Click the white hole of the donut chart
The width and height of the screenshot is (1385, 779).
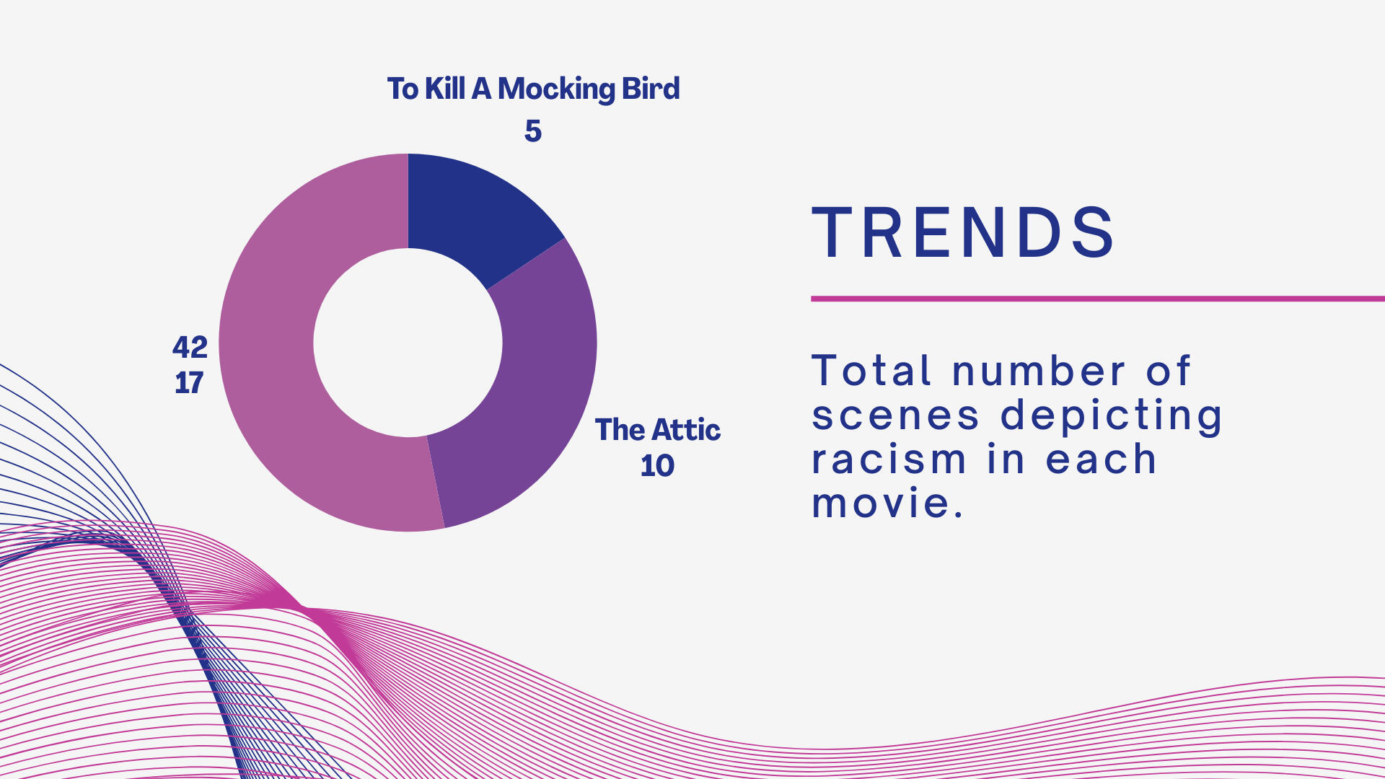point(408,343)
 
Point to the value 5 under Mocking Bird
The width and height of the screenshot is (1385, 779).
point(533,131)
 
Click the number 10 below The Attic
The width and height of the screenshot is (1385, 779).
point(657,466)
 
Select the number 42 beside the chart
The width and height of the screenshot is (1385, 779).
point(190,348)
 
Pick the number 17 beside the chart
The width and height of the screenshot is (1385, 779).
point(189,383)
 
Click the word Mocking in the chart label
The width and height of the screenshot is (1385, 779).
point(555,89)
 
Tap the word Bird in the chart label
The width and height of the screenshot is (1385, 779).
point(651,89)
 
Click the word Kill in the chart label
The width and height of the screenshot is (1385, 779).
point(445,89)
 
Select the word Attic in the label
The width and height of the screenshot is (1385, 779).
point(686,430)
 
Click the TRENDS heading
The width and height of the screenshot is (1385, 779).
point(964,232)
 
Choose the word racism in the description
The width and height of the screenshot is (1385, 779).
point(889,459)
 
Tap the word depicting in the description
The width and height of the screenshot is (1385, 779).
point(1112,417)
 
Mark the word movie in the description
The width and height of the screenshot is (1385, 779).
point(888,503)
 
